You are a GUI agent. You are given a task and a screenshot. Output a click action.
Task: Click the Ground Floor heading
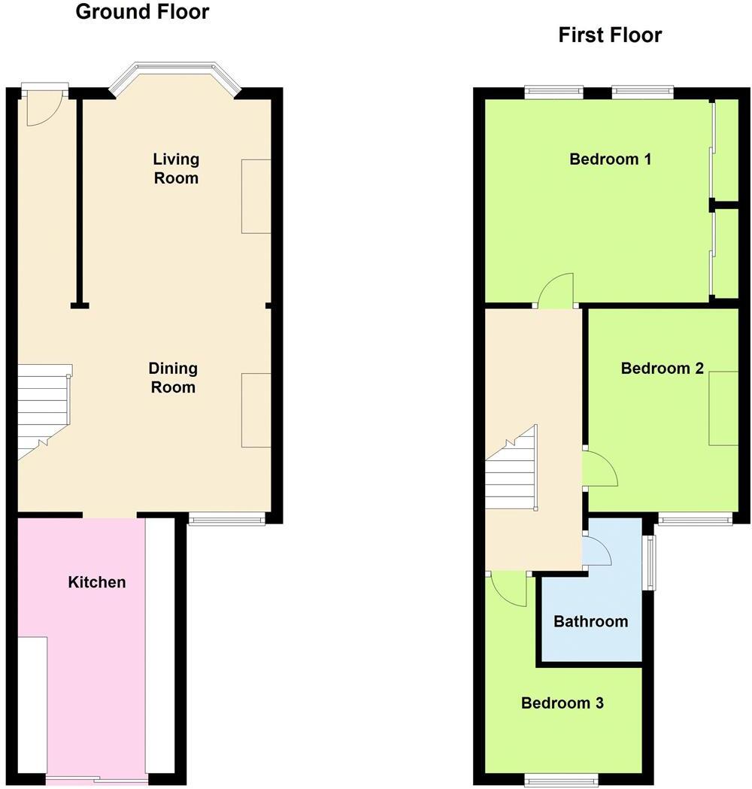142,12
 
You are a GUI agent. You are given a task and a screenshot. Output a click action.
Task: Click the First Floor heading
609,35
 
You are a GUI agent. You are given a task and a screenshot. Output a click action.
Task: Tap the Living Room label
176,168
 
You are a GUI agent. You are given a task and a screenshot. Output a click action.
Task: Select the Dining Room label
173,378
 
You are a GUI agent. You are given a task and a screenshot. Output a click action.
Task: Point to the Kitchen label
97,582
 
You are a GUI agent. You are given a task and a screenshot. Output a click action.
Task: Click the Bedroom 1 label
610,159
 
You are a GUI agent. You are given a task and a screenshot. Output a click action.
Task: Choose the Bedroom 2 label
662,369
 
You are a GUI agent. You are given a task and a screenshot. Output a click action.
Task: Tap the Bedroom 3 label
562,703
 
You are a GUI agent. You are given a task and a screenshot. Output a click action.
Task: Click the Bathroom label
590,621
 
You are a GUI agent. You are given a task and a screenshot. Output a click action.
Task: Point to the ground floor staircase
42,410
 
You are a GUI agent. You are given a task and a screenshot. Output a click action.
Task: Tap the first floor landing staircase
511,469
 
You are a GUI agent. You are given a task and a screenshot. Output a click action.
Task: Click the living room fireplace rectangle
256,196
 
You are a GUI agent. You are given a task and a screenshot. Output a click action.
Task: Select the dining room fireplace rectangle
256,410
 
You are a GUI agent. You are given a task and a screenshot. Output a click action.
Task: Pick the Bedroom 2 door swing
600,469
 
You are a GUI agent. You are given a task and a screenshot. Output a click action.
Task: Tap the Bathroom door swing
597,553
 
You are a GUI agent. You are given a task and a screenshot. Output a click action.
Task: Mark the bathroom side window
649,563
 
